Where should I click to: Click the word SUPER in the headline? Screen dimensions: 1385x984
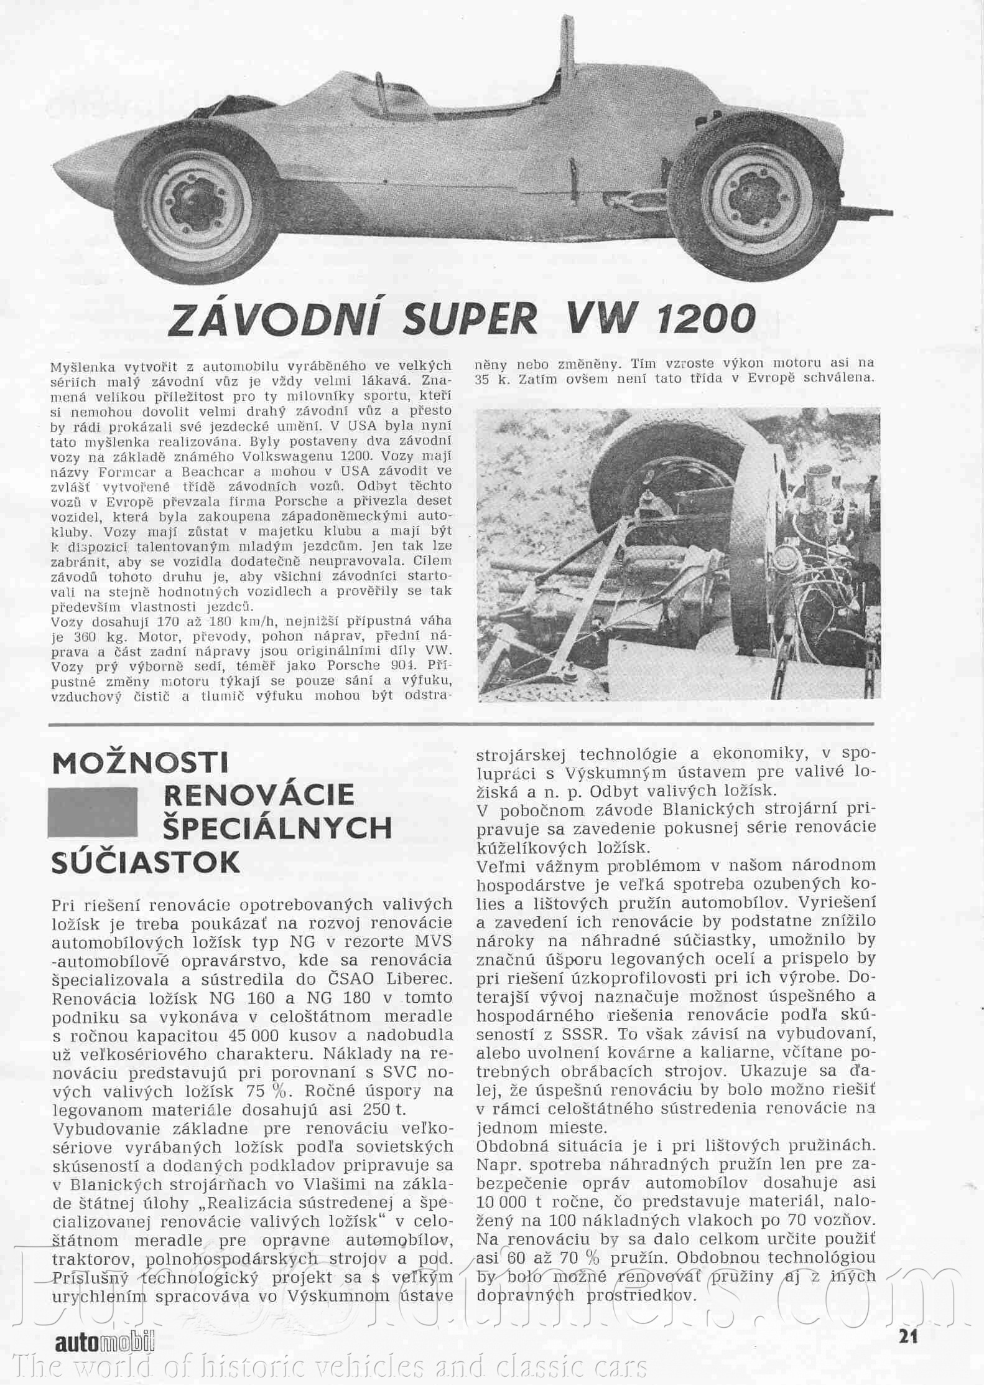(x=470, y=319)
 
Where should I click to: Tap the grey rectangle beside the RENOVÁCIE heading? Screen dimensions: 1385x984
(x=93, y=812)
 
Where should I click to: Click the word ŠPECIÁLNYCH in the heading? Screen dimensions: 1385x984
(x=277, y=829)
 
